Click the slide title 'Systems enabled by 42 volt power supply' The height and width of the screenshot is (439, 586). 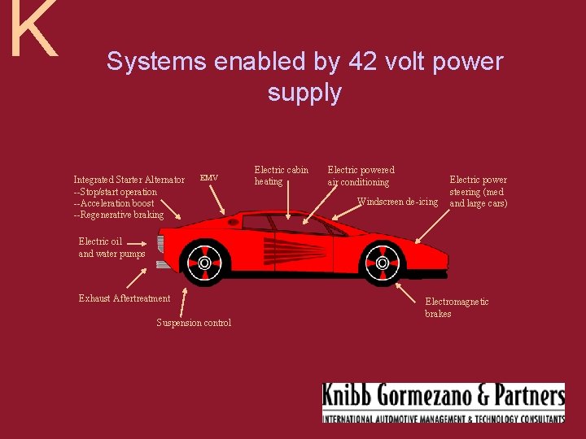304,76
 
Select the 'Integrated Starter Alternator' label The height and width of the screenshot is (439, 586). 129,180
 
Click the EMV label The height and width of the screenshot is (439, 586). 208,178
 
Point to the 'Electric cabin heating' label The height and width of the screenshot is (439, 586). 281,176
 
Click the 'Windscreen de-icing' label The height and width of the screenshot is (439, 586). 397,202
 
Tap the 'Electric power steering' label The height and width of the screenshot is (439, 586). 478,191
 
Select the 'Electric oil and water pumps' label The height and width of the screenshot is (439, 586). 112,247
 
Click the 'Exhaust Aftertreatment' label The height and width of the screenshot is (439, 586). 125,298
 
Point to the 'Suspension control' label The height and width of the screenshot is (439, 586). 194,323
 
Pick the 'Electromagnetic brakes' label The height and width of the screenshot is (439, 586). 457,307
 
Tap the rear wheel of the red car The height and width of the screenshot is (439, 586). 204,263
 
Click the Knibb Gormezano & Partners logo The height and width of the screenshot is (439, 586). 443,402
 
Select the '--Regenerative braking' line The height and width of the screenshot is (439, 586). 118,215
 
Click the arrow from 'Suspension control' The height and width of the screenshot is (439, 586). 183,301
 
